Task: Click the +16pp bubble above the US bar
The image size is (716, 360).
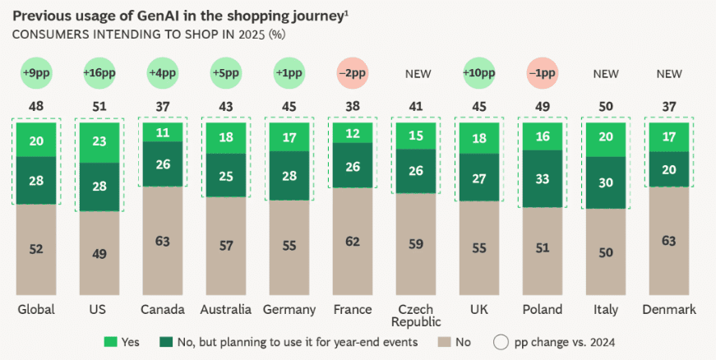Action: tap(99, 73)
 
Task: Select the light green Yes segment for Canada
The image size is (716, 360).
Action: tap(163, 132)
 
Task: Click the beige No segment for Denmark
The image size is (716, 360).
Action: tap(671, 241)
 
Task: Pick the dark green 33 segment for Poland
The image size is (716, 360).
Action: tap(543, 178)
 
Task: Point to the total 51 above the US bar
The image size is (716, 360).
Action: tap(99, 105)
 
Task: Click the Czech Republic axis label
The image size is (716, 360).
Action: tap(418, 316)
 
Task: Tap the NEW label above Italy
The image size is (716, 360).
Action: tap(607, 74)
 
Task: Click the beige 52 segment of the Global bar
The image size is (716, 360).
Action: tap(36, 250)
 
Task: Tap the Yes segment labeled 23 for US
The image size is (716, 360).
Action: tap(99, 141)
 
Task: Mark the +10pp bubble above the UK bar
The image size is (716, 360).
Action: tap(480, 73)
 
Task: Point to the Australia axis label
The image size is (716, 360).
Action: tap(226, 310)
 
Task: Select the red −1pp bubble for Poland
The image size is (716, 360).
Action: tap(543, 73)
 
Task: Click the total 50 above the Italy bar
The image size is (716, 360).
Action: tap(607, 105)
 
